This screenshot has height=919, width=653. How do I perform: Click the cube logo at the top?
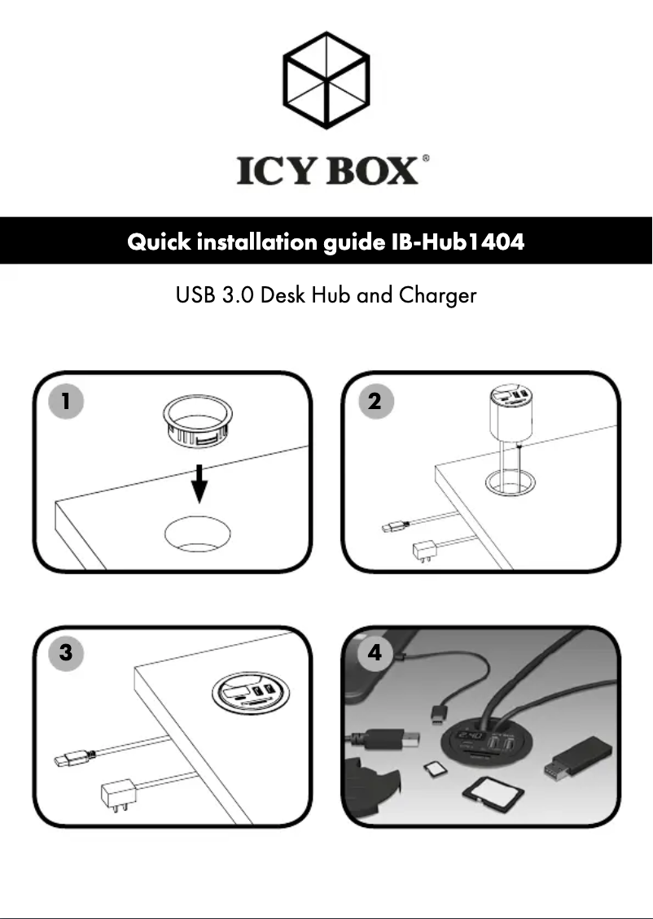click(325, 80)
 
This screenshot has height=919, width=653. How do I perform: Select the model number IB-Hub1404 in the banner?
click(453, 242)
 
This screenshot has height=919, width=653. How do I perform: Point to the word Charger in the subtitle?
click(437, 295)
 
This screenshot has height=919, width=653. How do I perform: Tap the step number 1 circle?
click(65, 401)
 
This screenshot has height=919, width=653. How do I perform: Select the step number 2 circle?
click(375, 401)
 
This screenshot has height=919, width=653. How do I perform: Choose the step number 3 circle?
click(65, 652)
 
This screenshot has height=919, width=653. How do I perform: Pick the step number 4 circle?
click(375, 652)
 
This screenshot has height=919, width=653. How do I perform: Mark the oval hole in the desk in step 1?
click(197, 534)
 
